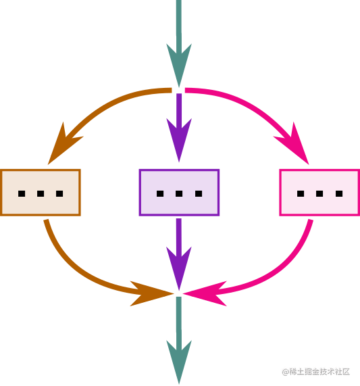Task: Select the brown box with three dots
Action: pos(41,193)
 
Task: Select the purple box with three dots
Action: pos(179,193)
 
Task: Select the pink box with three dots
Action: pos(319,193)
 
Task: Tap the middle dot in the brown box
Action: pos(41,193)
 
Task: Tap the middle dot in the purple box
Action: pos(179,193)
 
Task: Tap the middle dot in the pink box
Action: pos(319,193)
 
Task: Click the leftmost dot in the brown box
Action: pos(22,193)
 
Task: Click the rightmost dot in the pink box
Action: pos(339,193)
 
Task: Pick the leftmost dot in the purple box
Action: pos(160,193)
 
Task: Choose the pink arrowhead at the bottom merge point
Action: pos(206,293)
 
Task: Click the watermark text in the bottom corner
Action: pos(315,372)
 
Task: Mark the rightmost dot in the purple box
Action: pos(199,193)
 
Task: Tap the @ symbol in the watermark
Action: pos(285,372)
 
